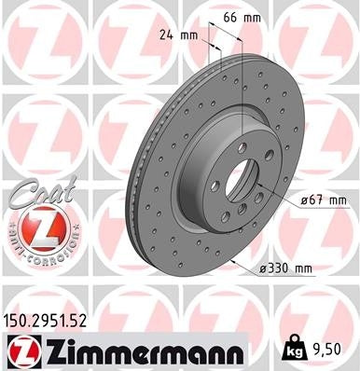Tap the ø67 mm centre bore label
[x=324, y=200]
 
